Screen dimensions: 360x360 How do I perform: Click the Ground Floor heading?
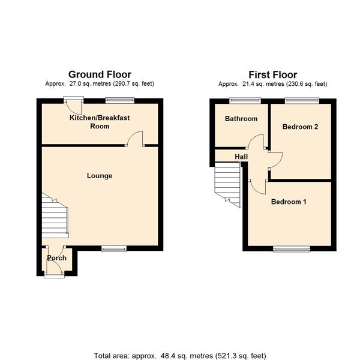pyautogui.click(x=100, y=74)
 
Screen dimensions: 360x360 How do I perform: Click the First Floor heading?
pyautogui.click(x=273, y=75)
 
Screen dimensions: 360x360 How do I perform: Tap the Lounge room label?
pyautogui.click(x=100, y=176)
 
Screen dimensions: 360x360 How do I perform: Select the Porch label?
pyautogui.click(x=57, y=258)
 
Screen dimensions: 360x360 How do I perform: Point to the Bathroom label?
pyautogui.click(x=241, y=119)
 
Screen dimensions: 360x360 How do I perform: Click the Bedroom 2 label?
pyautogui.click(x=301, y=127)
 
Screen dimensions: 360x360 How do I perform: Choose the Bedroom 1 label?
pyautogui.click(x=289, y=202)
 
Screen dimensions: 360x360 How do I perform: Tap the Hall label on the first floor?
pyautogui.click(x=241, y=157)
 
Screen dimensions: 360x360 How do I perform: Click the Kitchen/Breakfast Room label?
pyautogui.click(x=100, y=122)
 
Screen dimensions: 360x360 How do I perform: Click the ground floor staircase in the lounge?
pyautogui.click(x=55, y=216)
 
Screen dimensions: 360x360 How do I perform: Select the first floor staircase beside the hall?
pyautogui.click(x=228, y=185)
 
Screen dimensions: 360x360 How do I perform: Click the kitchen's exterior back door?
pyautogui.click(x=74, y=106)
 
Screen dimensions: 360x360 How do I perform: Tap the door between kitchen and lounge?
pyautogui.click(x=135, y=139)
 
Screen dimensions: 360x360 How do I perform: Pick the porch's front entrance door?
pyautogui.click(x=55, y=270)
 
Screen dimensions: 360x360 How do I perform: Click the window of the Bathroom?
pyautogui.click(x=245, y=100)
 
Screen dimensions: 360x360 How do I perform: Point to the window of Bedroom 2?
pyautogui.click(x=302, y=100)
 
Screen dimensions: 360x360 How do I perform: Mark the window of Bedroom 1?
pyautogui.click(x=292, y=249)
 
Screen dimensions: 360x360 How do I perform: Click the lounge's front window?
pyautogui.click(x=114, y=248)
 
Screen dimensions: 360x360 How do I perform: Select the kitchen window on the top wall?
pyautogui.click(x=120, y=100)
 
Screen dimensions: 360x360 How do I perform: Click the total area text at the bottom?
pyautogui.click(x=180, y=356)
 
